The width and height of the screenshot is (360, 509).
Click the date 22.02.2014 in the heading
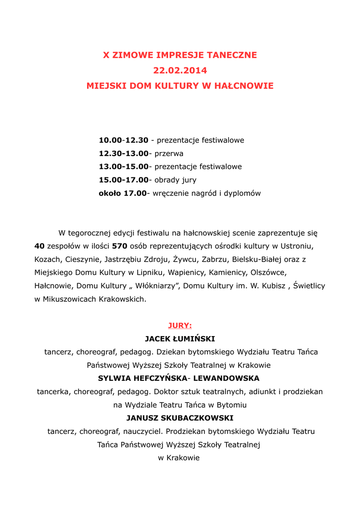point(180,71)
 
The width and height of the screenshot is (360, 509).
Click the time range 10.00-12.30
point(123,141)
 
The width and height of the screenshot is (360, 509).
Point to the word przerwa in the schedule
point(169,154)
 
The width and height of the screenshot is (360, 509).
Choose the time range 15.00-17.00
point(123,180)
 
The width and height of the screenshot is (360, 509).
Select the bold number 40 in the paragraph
point(40,246)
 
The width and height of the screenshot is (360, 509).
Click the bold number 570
point(120,246)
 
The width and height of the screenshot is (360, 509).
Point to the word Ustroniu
point(297,246)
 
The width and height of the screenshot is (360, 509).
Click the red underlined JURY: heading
point(180,326)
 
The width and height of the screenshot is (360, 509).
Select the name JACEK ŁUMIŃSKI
point(180,339)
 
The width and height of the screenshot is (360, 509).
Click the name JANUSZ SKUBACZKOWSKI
point(180,418)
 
